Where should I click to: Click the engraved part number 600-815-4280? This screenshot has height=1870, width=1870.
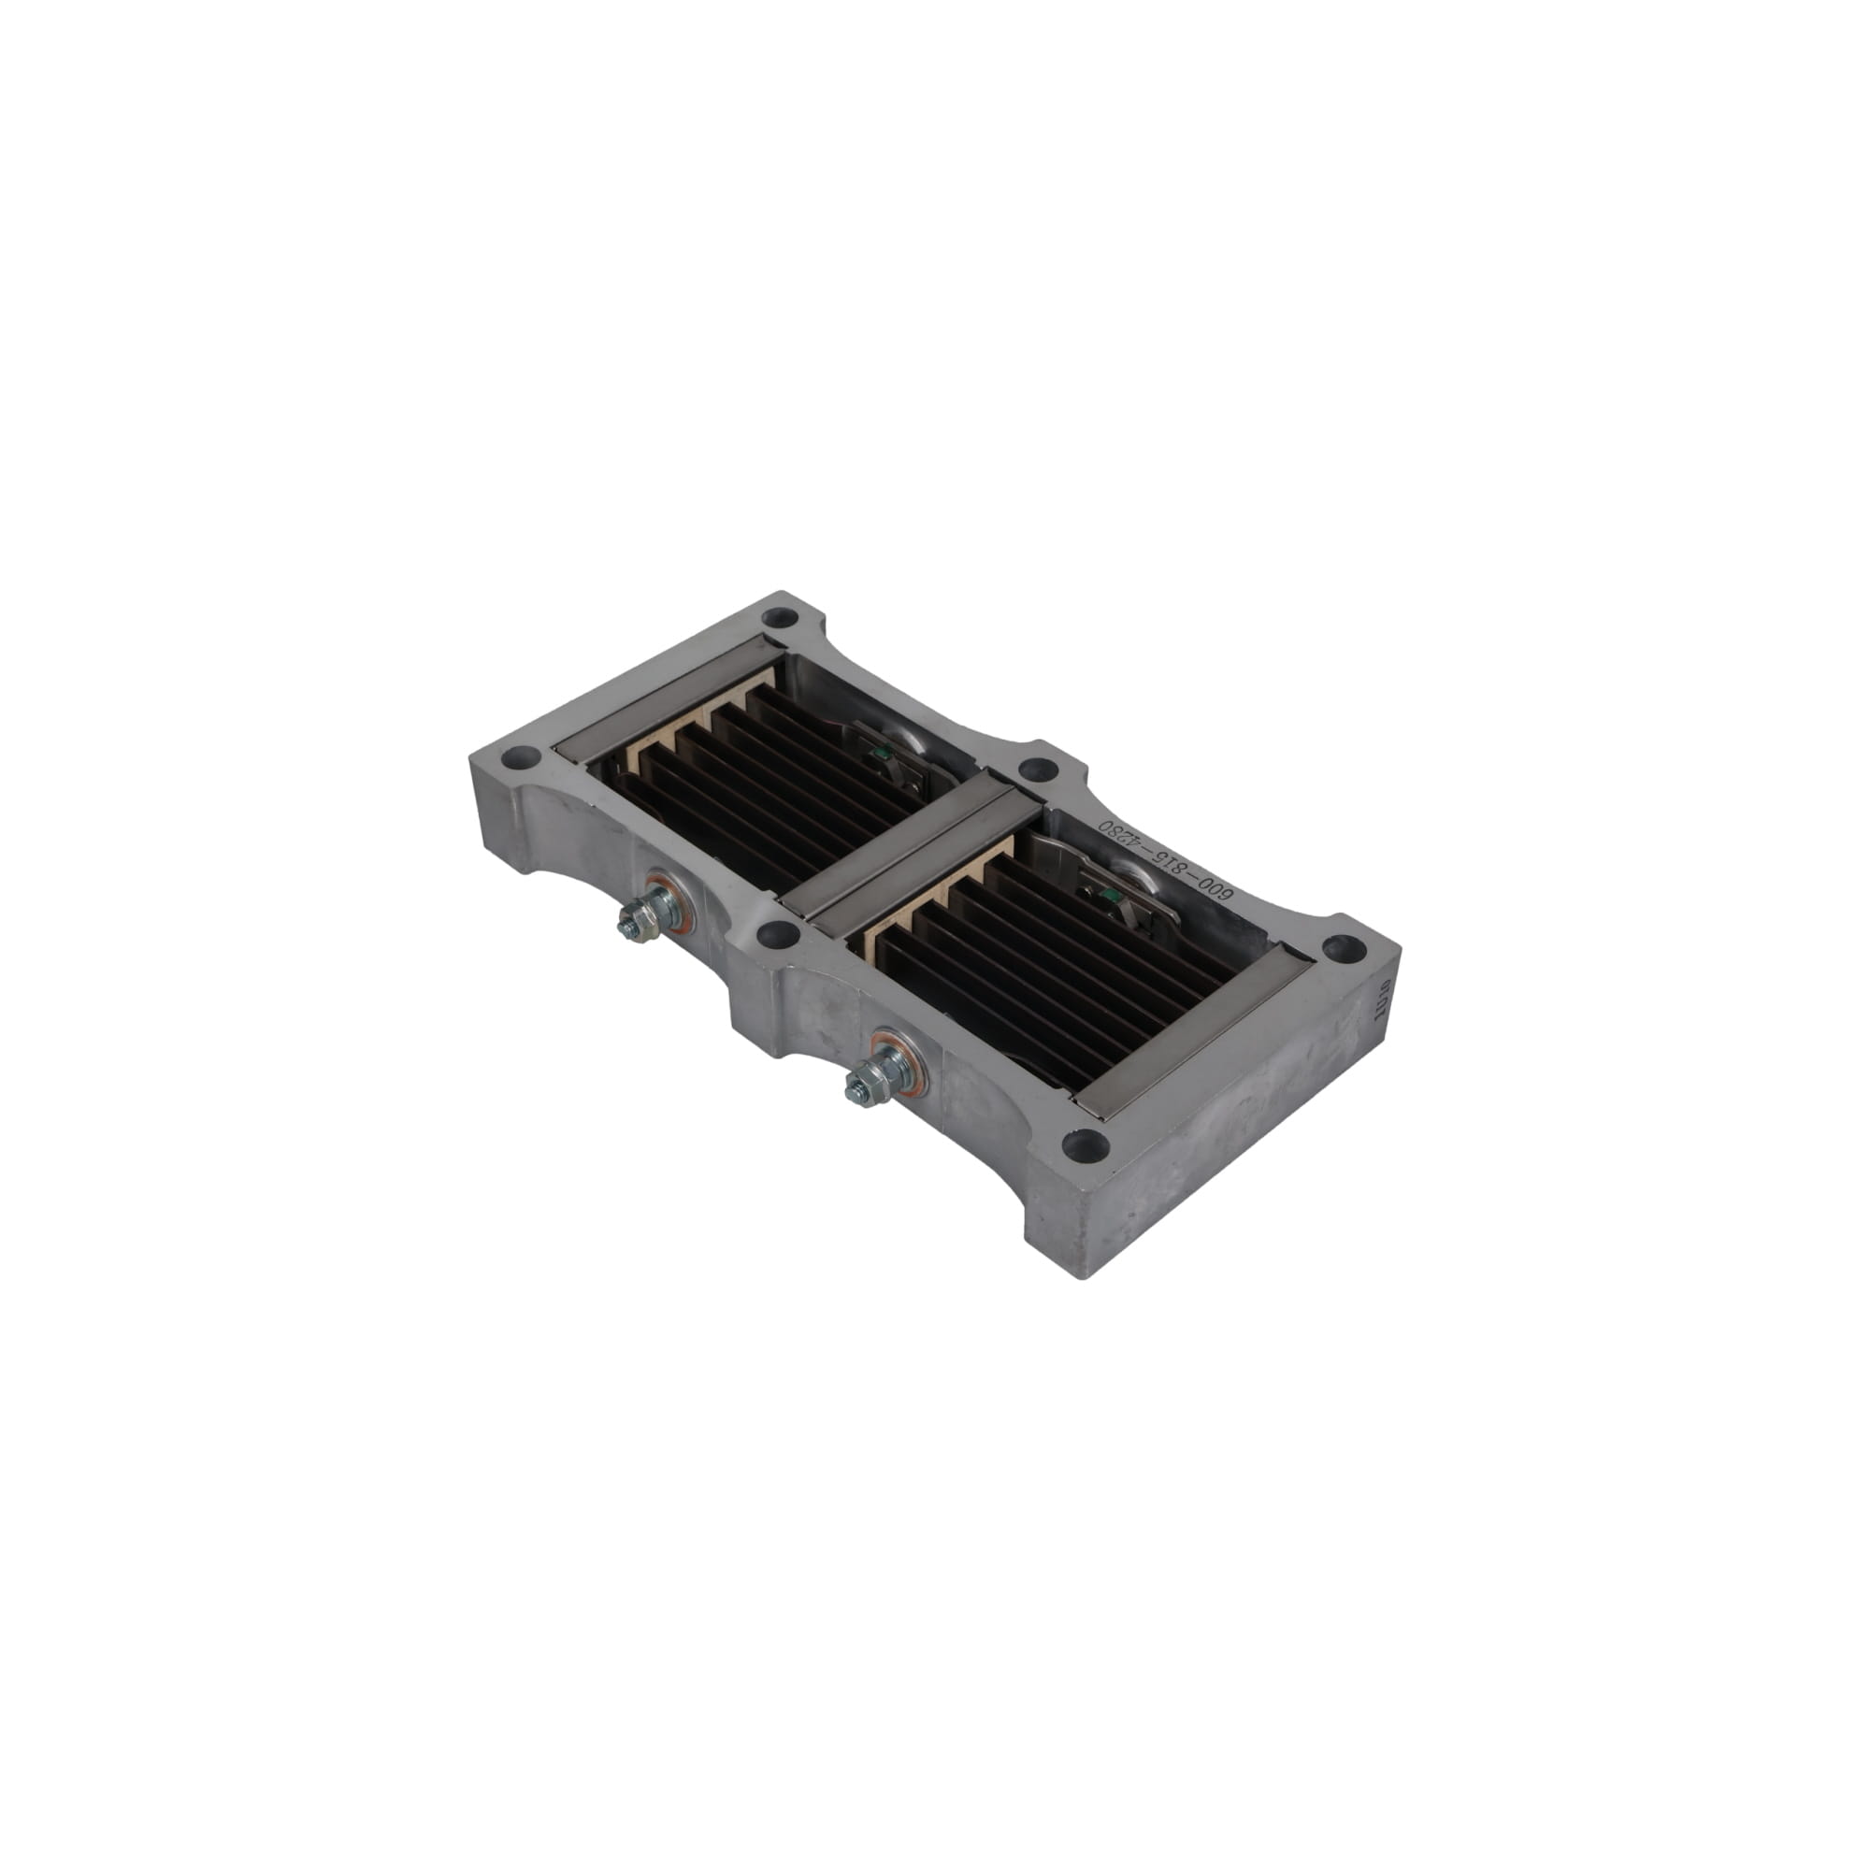(x=1162, y=863)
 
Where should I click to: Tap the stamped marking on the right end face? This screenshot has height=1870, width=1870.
(x=1381, y=998)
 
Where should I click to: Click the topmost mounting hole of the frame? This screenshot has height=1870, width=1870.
(x=779, y=616)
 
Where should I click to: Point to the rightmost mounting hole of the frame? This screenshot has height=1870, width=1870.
(x=1344, y=948)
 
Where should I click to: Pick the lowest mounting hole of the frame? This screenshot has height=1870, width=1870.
(x=1085, y=1145)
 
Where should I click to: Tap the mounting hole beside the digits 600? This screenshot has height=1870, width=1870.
(x=1039, y=770)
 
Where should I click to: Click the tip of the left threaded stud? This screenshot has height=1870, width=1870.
(x=625, y=931)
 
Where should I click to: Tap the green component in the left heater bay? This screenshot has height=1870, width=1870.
(x=881, y=751)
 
